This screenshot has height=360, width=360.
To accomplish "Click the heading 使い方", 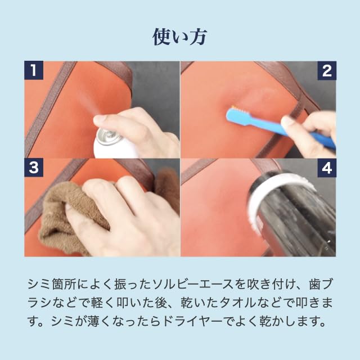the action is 180,37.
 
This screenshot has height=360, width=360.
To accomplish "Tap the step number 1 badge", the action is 34,70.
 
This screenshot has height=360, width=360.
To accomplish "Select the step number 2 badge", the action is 327,70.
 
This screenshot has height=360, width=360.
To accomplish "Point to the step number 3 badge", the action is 34,168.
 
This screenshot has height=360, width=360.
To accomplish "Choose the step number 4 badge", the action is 327,168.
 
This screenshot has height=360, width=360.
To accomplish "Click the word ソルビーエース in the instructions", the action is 192,285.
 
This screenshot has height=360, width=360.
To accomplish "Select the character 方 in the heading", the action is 198,37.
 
